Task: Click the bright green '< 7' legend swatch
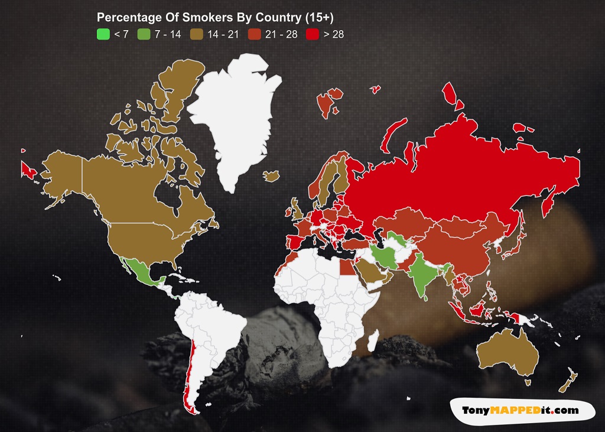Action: [103, 34]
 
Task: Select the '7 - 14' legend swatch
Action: [144, 34]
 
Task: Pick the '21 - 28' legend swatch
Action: [255, 34]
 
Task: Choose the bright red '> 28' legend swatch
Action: [314, 34]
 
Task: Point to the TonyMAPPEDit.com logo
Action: [520, 410]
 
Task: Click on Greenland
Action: [236, 118]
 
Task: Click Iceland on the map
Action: [271, 176]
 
